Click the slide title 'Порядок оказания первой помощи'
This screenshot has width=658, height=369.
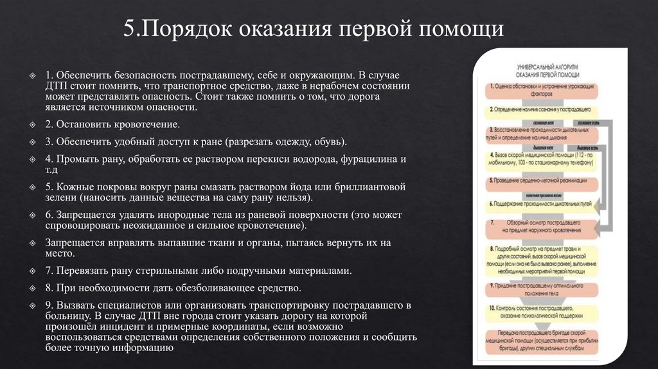314,31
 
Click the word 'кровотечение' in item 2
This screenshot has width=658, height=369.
147,124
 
